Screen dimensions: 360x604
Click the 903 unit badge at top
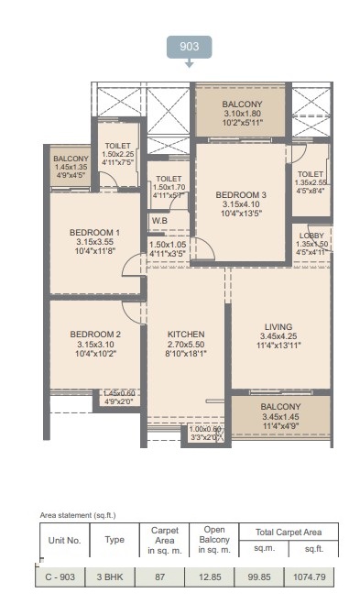coord(189,47)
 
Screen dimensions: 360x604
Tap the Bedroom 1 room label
coord(94,233)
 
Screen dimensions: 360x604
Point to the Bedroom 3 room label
coord(241,195)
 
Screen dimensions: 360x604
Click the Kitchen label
coord(186,335)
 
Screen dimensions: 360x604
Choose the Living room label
coord(278,326)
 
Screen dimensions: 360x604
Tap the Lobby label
coord(311,236)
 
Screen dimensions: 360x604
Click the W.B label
coord(159,221)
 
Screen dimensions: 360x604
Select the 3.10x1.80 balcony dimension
coord(242,114)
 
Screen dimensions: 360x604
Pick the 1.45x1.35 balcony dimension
coord(71,167)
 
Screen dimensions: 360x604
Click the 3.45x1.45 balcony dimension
coord(280,416)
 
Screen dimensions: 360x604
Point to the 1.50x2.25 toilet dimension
coord(118,154)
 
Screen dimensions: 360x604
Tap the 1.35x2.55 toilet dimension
coord(311,182)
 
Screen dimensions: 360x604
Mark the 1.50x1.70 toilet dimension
coord(169,187)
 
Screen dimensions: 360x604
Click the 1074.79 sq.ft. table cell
coord(310,577)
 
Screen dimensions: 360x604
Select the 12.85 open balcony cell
coord(210,577)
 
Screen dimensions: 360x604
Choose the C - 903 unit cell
coord(60,577)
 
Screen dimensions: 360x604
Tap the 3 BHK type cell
coord(110,577)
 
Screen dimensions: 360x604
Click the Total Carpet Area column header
coord(289,533)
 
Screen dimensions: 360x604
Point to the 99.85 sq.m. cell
coord(259,577)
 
